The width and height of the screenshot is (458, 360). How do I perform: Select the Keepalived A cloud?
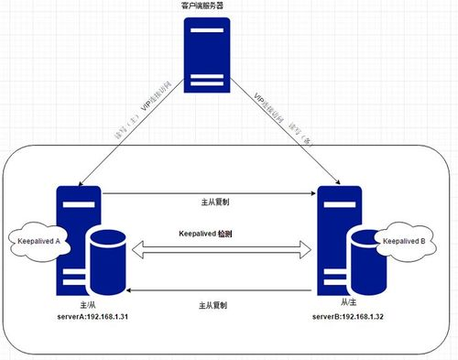tap(38, 242)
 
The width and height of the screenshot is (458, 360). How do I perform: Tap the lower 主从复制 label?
tap(217, 304)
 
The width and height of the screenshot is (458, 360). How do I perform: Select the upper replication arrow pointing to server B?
tap(211, 194)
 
